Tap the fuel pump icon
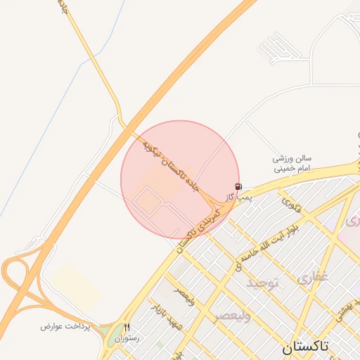[x=238, y=186]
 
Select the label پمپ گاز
[x=238, y=198]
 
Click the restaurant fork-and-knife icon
[x=127, y=327]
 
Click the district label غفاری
[x=312, y=278]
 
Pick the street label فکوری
[x=291, y=205]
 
